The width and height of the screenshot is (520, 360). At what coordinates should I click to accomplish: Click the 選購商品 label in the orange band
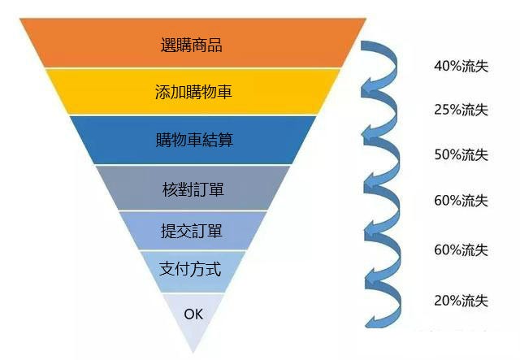point(192,45)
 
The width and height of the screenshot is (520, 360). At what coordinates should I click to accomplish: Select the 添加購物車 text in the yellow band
point(193,92)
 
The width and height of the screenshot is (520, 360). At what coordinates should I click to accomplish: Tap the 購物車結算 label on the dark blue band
point(193,140)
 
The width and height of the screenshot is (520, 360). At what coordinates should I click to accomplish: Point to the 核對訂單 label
point(193,189)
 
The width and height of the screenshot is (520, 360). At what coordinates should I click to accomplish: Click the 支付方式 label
point(193,269)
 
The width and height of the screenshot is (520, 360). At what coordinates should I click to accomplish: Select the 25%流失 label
point(461,110)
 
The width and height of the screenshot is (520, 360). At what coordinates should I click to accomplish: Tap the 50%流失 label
point(461,154)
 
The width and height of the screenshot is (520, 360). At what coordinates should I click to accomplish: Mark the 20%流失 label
point(461,301)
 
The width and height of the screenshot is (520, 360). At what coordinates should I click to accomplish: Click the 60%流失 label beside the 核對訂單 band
point(461,200)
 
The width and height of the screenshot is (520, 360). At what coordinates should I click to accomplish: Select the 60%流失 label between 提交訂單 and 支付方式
point(461,249)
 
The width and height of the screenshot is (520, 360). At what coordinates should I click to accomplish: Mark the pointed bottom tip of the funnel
point(193,351)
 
